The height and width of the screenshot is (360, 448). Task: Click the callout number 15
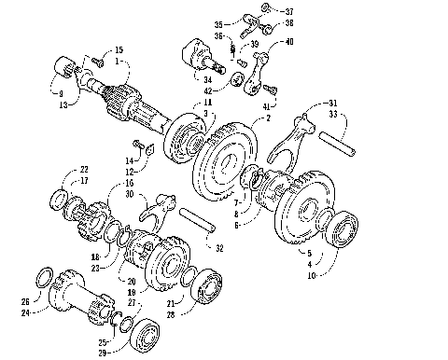click(x=119, y=49)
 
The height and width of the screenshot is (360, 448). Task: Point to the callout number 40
click(x=288, y=42)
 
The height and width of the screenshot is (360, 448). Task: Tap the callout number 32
click(x=218, y=249)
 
